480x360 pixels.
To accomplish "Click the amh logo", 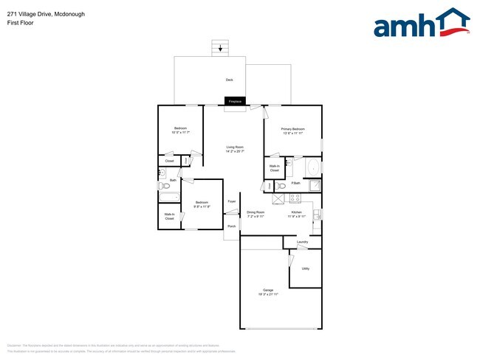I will coord(422,24).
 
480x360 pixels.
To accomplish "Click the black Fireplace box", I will coord(235,101).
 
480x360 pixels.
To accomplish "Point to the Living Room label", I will coord(235,148).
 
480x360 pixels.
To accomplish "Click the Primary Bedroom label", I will coord(292,129).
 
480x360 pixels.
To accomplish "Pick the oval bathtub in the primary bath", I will coord(312,166).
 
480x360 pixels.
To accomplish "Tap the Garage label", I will coord(268,290).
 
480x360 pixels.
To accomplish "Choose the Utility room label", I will coord(305,269).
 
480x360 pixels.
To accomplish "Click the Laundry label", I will coord(302,242).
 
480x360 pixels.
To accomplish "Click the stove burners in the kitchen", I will coord(294,198).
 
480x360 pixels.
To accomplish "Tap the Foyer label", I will coord(231,201).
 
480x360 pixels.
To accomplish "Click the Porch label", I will coord(231,226).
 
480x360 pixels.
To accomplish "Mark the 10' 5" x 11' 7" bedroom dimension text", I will coord(180,133).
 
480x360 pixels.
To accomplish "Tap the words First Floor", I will coord(20,23).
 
